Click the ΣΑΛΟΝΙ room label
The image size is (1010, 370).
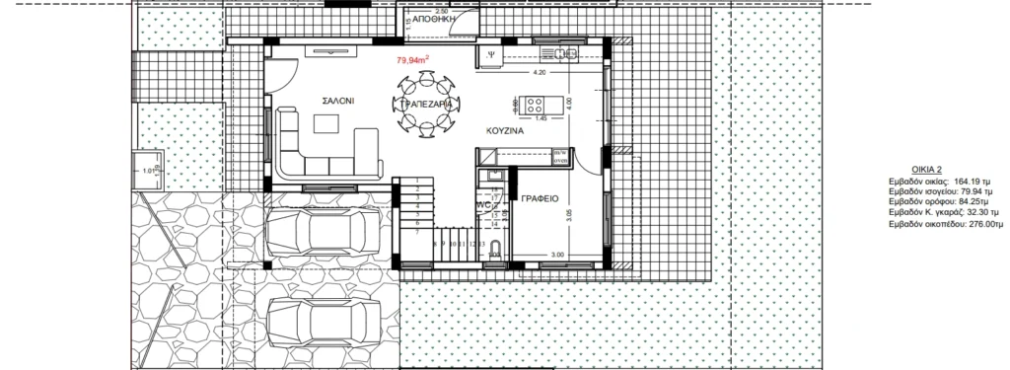[x=337, y=102]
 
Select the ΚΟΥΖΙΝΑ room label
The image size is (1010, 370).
[x=503, y=130]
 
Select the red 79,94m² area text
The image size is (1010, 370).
[x=412, y=61]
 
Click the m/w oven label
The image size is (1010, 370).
[x=559, y=154]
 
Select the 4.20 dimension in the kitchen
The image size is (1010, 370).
[x=539, y=73]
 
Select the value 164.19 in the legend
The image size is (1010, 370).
[x=965, y=182]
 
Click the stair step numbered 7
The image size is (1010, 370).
[x=418, y=234]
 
